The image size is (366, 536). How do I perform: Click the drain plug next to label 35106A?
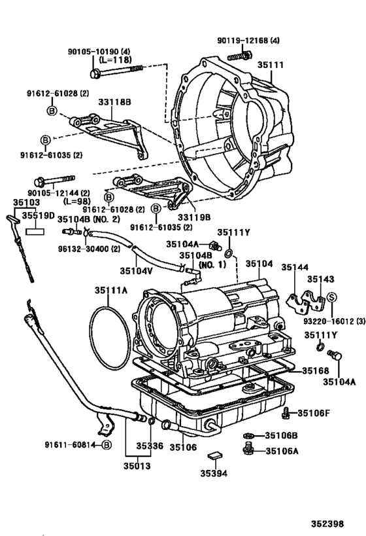(x=248, y=450)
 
